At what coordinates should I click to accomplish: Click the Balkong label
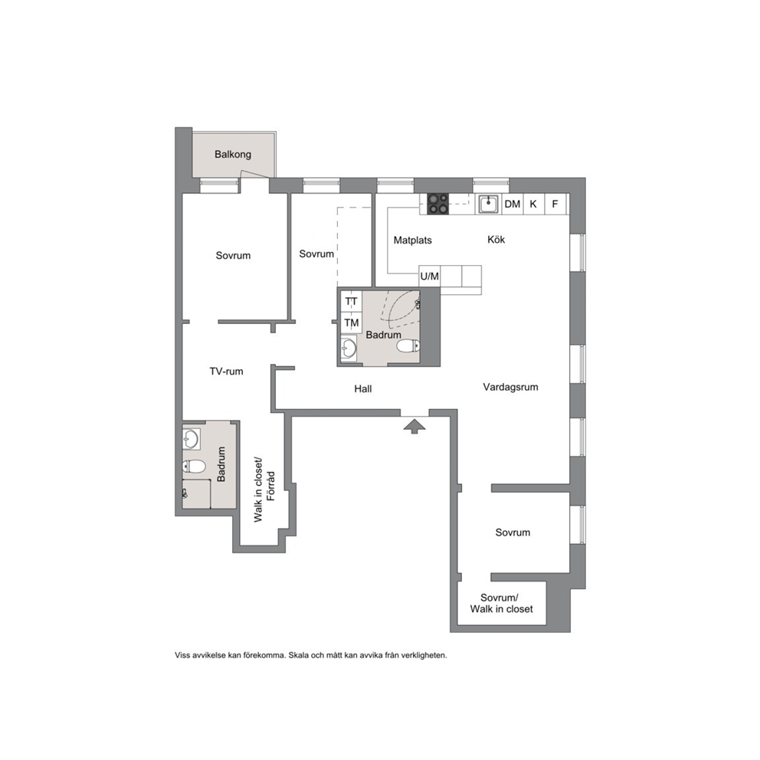click(x=233, y=154)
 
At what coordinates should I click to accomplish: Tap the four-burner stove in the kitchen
click(x=437, y=204)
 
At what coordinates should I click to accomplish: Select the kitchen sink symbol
click(x=488, y=204)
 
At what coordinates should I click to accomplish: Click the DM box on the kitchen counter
click(x=513, y=204)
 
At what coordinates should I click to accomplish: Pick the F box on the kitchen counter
click(x=555, y=204)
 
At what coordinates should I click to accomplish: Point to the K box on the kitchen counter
click(x=534, y=204)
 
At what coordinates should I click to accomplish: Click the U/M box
click(x=430, y=276)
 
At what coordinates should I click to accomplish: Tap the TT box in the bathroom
click(x=352, y=302)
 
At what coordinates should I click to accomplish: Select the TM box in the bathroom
click(x=352, y=323)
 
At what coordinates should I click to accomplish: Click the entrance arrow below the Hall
click(x=414, y=426)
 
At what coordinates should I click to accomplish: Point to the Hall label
click(x=363, y=388)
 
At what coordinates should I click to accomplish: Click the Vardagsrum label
click(x=510, y=387)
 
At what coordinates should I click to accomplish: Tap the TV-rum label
click(x=226, y=372)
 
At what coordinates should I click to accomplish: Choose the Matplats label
click(x=412, y=240)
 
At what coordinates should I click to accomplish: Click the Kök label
click(x=496, y=239)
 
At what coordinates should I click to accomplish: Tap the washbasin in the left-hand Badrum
click(x=191, y=439)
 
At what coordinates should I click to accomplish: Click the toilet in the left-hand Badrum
click(x=193, y=467)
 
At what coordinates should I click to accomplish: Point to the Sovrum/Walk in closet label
click(x=501, y=604)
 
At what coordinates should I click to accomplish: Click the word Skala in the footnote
click(x=298, y=655)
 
